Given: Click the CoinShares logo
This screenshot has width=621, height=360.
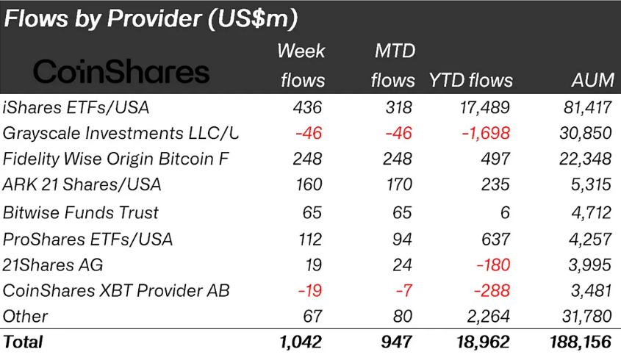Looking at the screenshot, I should (121, 71).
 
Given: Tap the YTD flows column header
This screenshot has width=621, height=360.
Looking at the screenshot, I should (470, 80).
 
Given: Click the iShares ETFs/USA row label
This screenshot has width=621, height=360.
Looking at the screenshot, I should (76, 107).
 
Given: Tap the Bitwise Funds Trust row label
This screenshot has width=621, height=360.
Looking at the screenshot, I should (81, 212).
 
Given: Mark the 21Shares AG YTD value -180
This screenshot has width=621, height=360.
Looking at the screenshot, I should (490, 264).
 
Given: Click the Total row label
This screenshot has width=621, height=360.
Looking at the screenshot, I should (24, 342).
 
